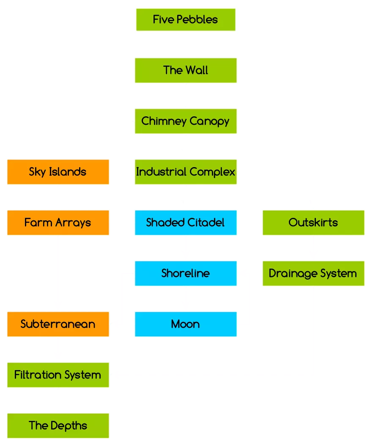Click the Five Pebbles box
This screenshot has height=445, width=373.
pyautogui.click(x=186, y=20)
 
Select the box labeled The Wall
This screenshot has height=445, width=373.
pyautogui.click(x=186, y=70)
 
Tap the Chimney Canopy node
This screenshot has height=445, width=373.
pyautogui.click(x=185, y=121)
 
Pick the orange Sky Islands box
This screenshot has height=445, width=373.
pyautogui.click(x=58, y=172)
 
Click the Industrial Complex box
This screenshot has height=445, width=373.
pyautogui.click(x=186, y=172)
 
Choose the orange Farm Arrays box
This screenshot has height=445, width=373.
pyautogui.click(x=58, y=223)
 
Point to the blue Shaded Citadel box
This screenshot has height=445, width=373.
pyautogui.click(x=186, y=223)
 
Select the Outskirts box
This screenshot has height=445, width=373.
pyautogui.click(x=313, y=223)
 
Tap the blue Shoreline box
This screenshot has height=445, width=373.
pyautogui.click(x=186, y=274)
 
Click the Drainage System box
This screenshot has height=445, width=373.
pyautogui.click(x=313, y=274)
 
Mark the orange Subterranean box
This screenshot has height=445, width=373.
pyautogui.click(x=58, y=324)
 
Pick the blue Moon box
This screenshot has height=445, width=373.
pyautogui.click(x=186, y=324)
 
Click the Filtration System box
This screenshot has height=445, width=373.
pyautogui.click(x=58, y=375)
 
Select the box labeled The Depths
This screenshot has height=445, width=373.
pyautogui.click(x=58, y=426)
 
